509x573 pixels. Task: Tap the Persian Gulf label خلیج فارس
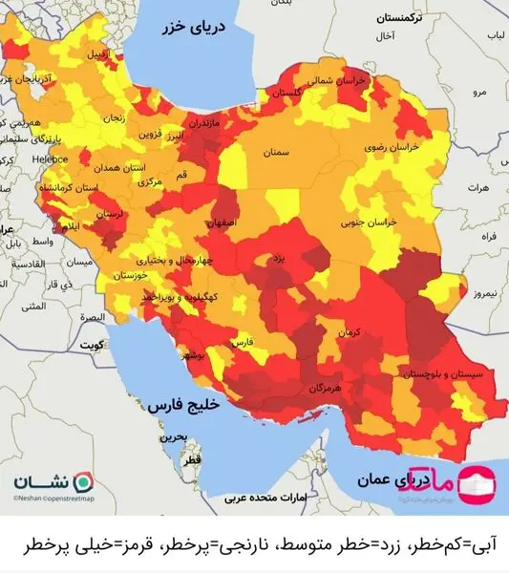183,405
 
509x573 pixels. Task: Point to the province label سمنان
275,152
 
